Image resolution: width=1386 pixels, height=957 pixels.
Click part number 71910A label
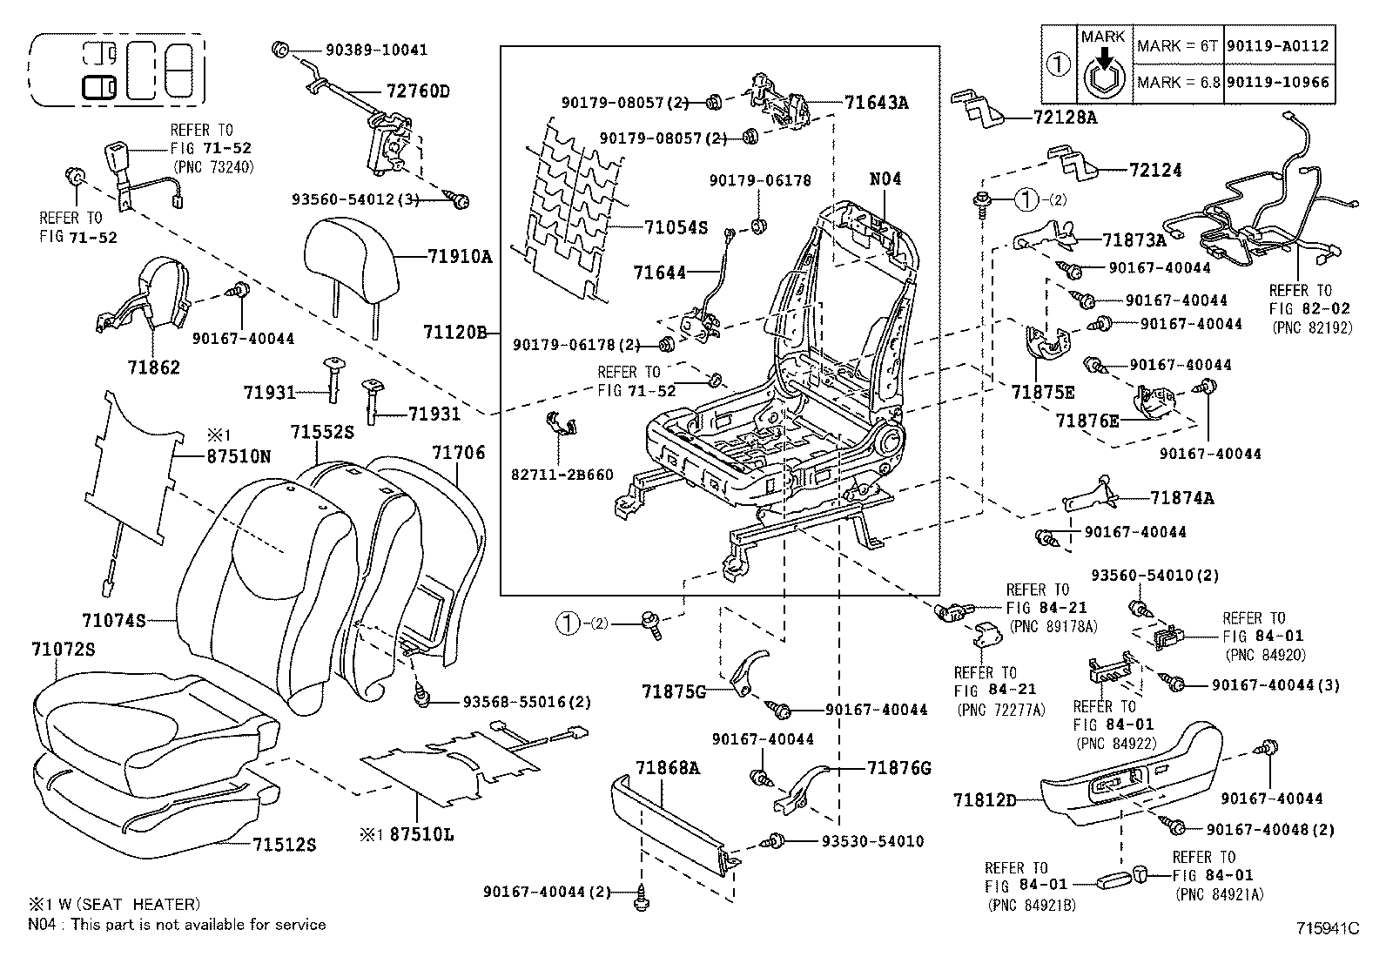tap(460, 256)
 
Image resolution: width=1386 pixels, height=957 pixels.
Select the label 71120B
tap(454, 332)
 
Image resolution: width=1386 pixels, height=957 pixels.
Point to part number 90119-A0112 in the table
tap(1277, 45)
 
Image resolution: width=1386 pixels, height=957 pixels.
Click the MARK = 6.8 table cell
tap(1177, 83)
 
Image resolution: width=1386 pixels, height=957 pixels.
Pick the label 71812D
tap(984, 799)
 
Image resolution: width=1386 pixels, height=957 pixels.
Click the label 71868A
tap(667, 768)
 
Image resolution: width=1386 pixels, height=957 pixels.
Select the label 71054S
tap(676, 228)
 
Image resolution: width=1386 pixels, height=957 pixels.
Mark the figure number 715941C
tap(1326, 928)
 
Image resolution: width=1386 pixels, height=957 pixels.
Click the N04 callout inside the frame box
tap(885, 179)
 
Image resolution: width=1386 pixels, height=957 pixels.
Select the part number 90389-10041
tap(376, 50)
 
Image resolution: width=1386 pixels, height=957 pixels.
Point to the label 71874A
tap(1181, 498)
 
